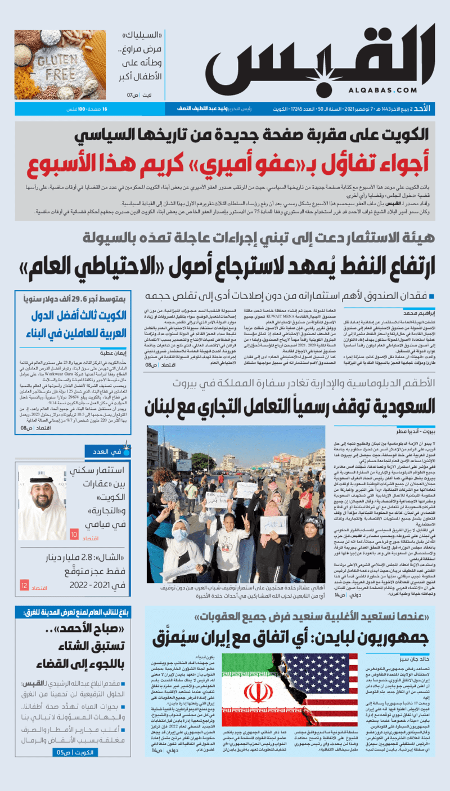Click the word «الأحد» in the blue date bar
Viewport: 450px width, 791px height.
click(x=426, y=109)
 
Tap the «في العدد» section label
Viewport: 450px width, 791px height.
click(x=105, y=451)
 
